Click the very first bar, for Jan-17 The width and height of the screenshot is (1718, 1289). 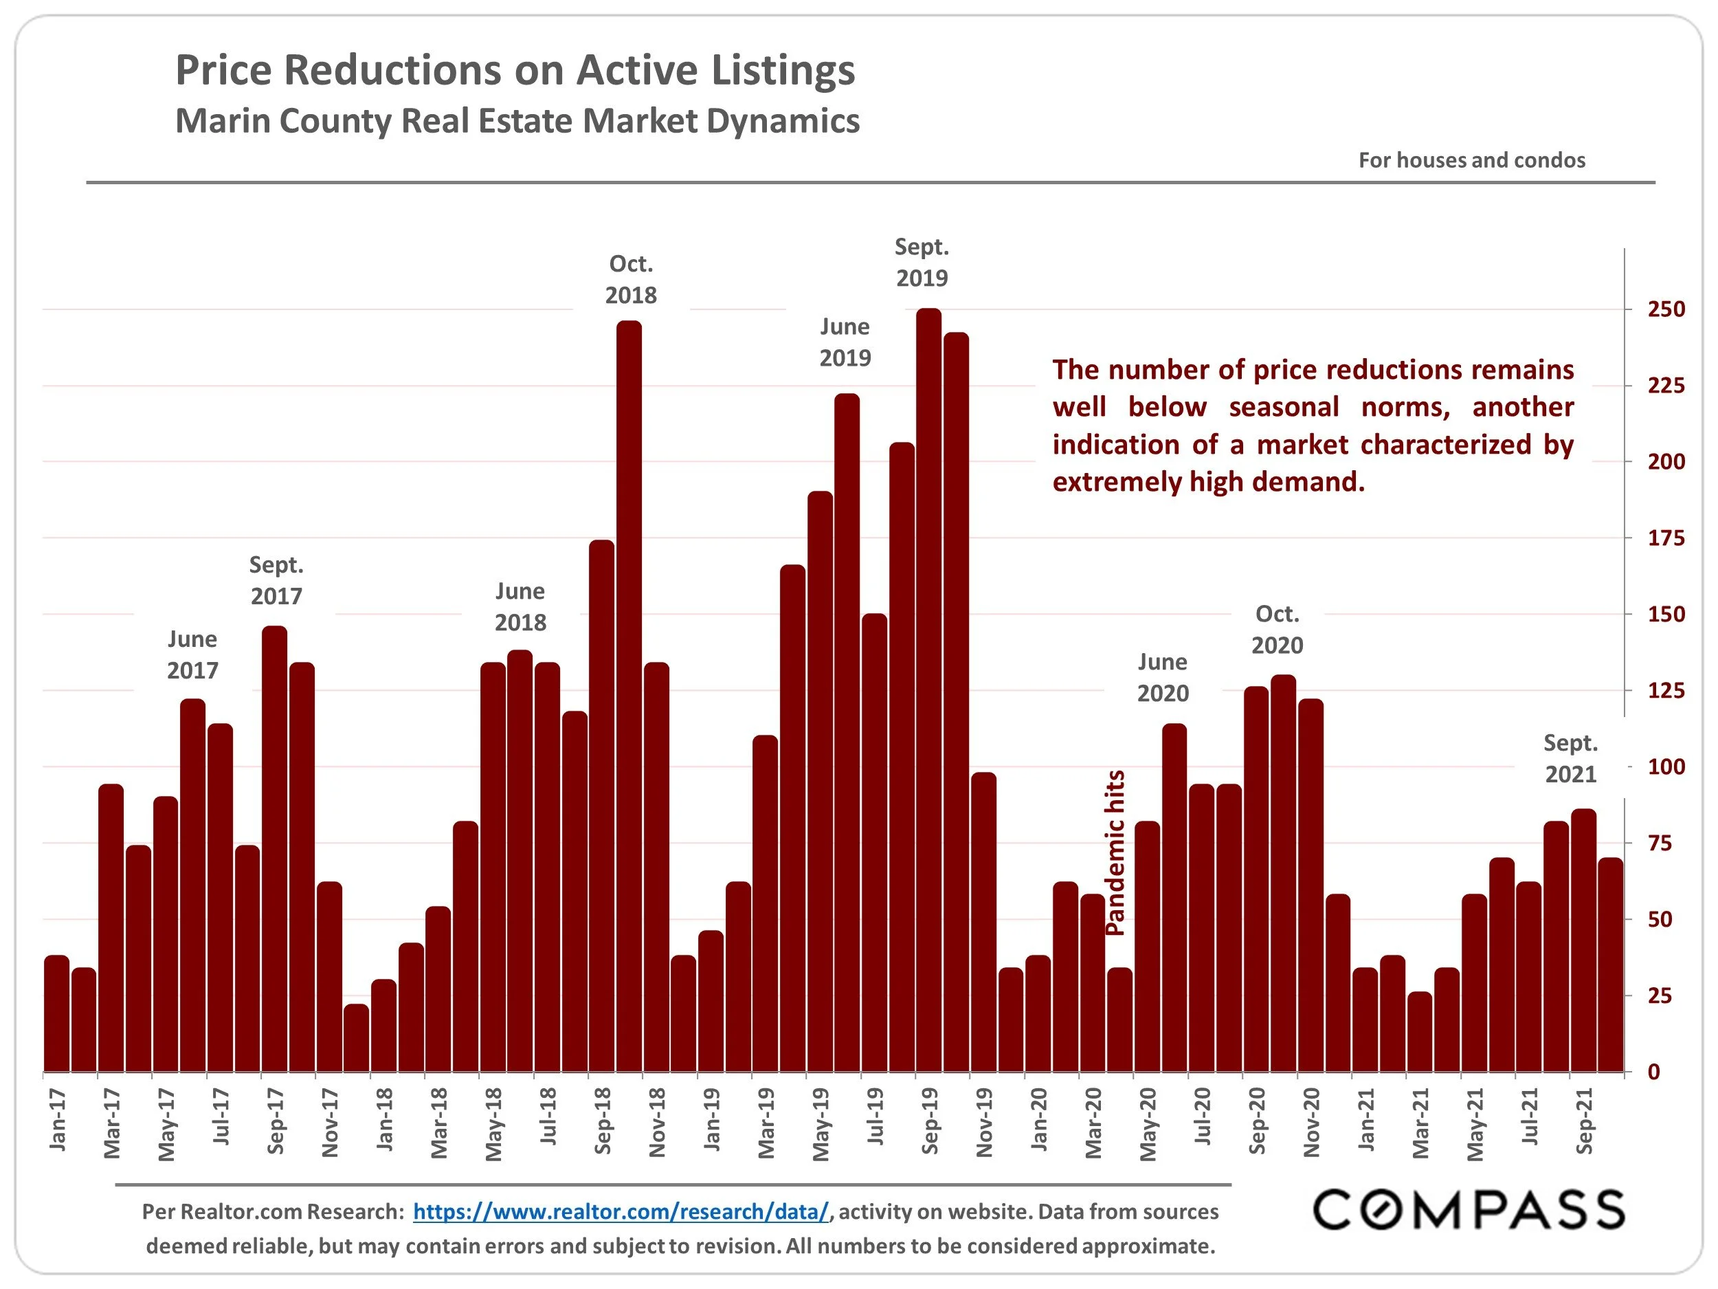[57, 1014]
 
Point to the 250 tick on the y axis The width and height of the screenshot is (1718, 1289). [1666, 309]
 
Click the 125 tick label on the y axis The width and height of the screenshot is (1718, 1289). [1666, 691]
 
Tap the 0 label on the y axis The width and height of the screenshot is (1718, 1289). [1653, 1072]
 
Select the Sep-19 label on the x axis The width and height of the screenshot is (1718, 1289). [930, 1121]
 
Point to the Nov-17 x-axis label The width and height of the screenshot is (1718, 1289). [330, 1123]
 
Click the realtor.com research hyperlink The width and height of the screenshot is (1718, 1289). [621, 1211]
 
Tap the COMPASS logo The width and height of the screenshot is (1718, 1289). [1468, 1210]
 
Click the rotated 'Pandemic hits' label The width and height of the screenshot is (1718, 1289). [1115, 852]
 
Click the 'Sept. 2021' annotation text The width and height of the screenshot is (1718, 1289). [1570, 758]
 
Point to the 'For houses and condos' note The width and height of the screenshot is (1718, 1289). [1471, 160]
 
